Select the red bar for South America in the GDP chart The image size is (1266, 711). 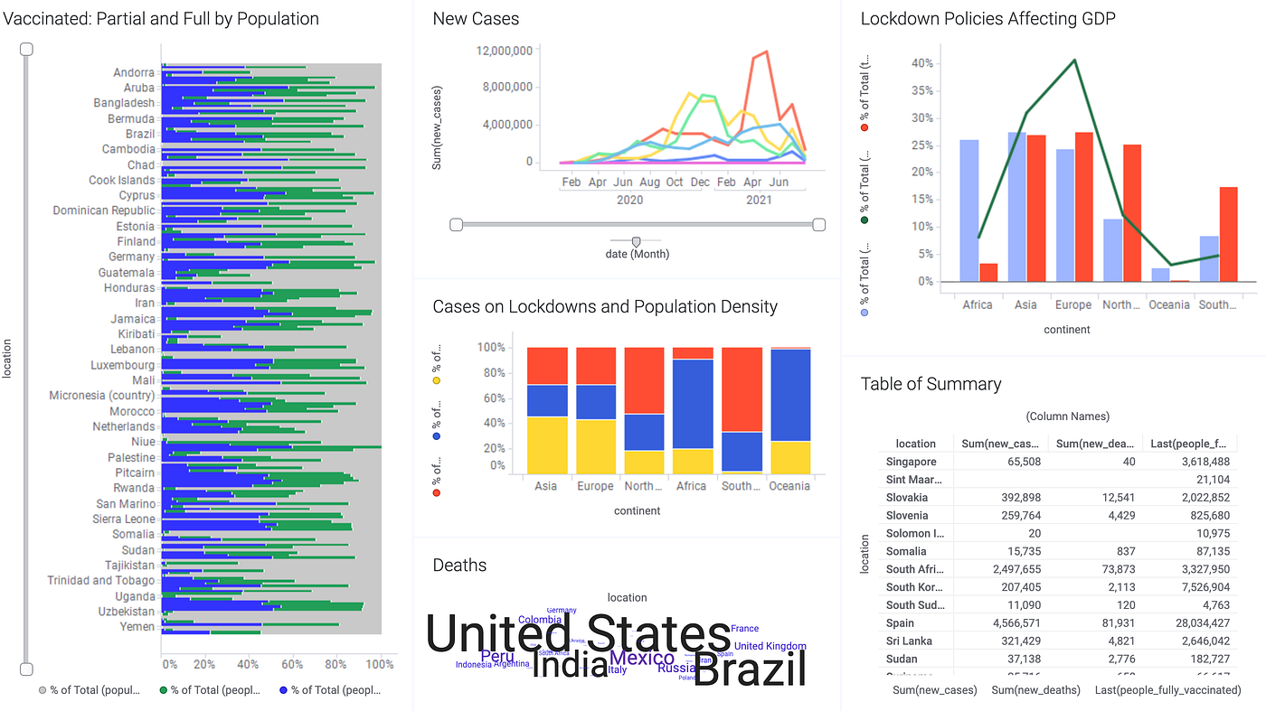click(1229, 234)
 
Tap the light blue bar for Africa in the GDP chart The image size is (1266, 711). click(968, 210)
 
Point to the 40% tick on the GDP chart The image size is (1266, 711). click(922, 63)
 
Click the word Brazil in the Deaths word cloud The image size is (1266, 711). click(749, 670)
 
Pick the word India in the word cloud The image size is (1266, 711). click(569, 665)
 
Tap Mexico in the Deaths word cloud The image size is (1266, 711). click(642, 658)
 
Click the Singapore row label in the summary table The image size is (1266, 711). click(912, 462)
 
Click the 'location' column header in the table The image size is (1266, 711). click(915, 444)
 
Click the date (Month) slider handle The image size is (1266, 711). click(636, 241)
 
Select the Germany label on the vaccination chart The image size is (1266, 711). click(131, 257)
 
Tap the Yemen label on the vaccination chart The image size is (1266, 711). click(137, 626)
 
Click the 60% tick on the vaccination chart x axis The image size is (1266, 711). click(292, 664)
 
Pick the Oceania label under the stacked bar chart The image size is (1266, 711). click(789, 486)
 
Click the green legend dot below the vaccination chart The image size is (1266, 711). click(164, 690)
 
